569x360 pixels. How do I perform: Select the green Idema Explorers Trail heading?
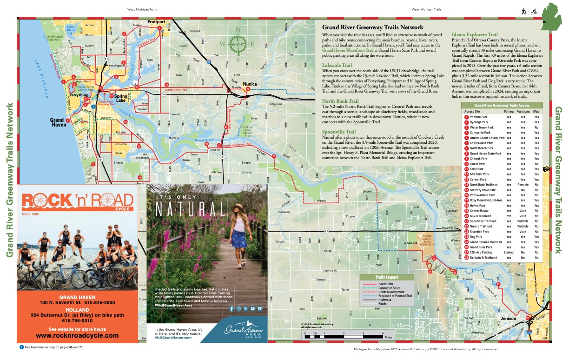pos(475,34)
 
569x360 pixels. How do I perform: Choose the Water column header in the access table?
pos(537,112)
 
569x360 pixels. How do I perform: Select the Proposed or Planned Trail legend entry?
pos(393,296)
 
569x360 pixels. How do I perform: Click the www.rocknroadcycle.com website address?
pos(77,335)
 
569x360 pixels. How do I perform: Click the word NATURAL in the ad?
pos(192,210)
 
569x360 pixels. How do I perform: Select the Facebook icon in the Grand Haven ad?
pos(231,308)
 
